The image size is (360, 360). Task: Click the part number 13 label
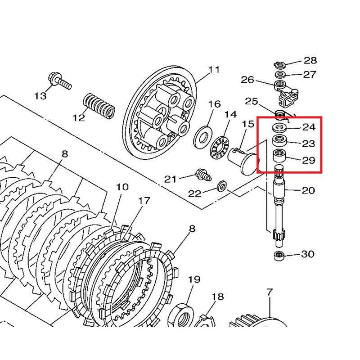[x=40, y=95]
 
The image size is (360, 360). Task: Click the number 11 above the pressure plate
[x=214, y=70]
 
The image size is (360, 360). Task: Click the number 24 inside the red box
[x=309, y=127]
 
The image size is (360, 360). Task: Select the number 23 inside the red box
[x=309, y=144]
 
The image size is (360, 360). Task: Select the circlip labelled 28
[x=279, y=63]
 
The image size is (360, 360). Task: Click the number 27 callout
[x=310, y=74]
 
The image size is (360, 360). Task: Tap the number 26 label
[x=247, y=80]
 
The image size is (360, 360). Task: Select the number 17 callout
[x=144, y=201]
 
